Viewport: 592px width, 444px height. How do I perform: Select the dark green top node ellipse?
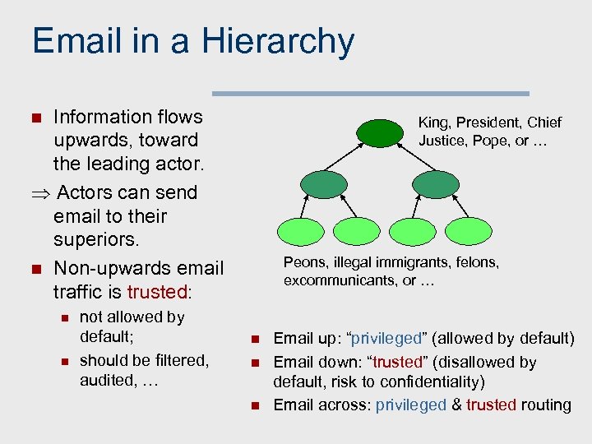point(380,132)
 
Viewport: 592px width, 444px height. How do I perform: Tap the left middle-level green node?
point(324,183)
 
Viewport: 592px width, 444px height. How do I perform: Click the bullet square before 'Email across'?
point(255,405)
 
